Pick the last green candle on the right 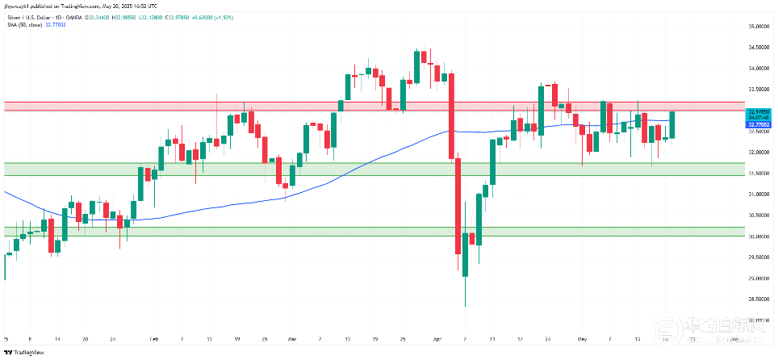pos(673,124)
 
